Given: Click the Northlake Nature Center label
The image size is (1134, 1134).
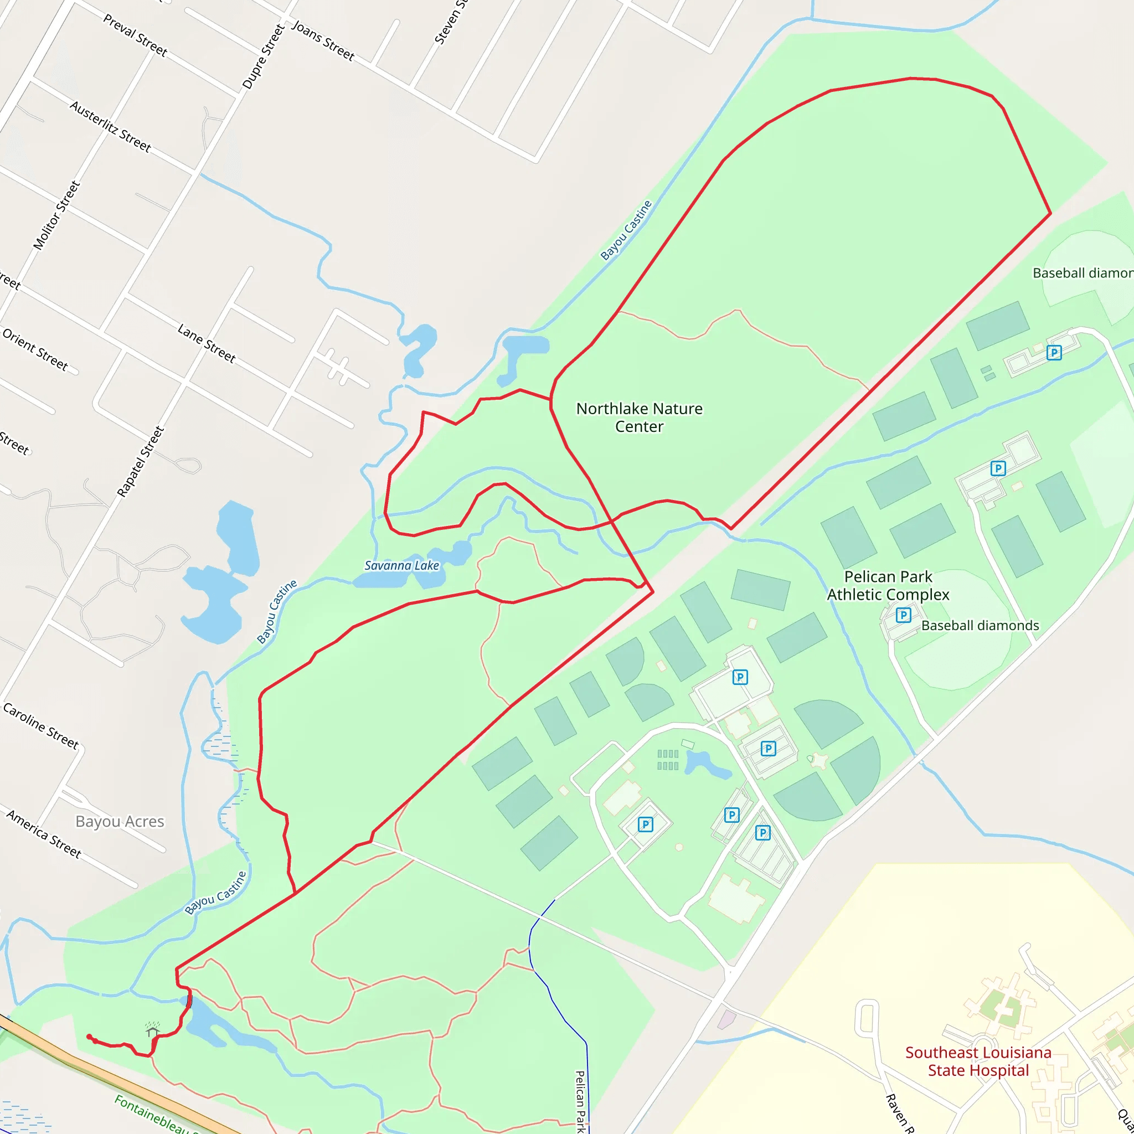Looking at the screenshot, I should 639,417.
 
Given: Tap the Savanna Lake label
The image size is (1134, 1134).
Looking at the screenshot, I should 401,566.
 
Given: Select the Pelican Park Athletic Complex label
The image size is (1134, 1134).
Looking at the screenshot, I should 888,586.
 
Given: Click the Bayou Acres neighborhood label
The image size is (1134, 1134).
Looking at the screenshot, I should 120,821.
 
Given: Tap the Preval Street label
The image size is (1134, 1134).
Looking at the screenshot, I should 136,36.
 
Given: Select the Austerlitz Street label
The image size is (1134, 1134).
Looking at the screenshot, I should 110,126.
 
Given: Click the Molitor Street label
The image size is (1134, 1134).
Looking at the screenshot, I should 56,215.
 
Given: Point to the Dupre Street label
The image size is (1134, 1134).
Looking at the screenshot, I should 264,57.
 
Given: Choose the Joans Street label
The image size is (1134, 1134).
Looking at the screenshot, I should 323,41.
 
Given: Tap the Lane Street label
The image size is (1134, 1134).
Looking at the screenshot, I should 207,343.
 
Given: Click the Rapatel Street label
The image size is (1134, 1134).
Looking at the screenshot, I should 141,462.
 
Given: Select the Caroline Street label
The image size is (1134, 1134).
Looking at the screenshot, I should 40,726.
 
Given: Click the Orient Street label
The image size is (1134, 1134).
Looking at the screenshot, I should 35,349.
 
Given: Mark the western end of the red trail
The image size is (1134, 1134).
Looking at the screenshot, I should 89,1037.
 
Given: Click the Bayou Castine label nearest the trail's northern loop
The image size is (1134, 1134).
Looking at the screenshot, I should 626,230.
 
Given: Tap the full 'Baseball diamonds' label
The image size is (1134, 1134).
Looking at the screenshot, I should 980,626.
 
